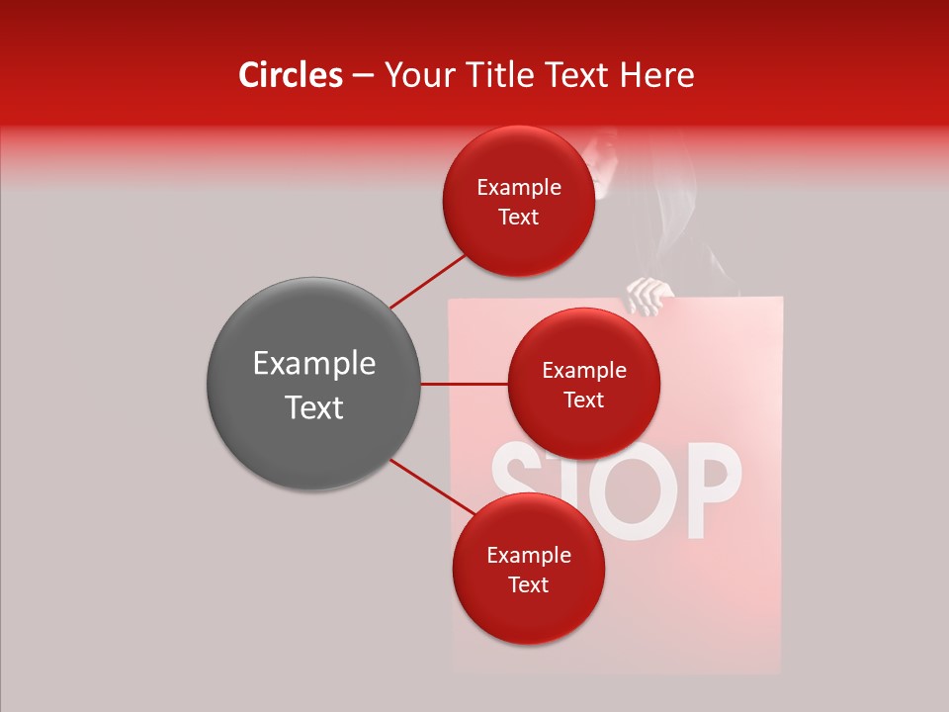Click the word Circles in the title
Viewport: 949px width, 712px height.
click(x=290, y=75)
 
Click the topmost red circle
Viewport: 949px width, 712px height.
click(x=518, y=201)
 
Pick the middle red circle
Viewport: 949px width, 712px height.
click(x=583, y=384)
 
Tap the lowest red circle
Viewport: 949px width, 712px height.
click(x=528, y=569)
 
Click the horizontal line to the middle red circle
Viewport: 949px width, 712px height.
click(x=464, y=384)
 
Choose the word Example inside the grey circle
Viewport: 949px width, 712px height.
click(x=313, y=364)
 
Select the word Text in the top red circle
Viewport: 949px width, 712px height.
click(x=518, y=218)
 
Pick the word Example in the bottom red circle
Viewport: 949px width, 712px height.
click(x=528, y=555)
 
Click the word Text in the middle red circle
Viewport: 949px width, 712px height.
click(x=583, y=400)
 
